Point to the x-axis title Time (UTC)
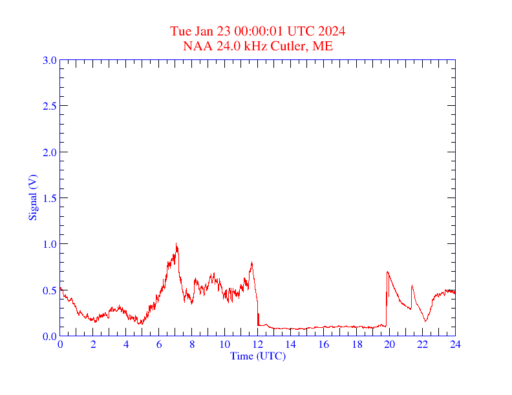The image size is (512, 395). click(257, 356)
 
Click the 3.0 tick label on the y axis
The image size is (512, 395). click(49, 60)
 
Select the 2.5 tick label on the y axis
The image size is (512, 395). click(49, 106)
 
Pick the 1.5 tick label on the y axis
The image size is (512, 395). click(49, 198)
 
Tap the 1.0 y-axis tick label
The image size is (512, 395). click(49, 244)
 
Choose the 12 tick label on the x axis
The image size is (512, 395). click(257, 345)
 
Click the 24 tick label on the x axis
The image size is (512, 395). click(455, 345)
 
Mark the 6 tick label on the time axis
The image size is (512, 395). click(159, 345)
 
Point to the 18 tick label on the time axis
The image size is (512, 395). click(356, 345)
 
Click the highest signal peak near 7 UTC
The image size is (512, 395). click(176, 243)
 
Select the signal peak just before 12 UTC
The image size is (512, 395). click(251, 262)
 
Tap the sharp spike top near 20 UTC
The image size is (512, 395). click(387, 272)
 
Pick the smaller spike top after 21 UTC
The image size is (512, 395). click(412, 285)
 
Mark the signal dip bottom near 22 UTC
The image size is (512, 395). click(425, 321)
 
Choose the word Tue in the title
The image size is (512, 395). click(180, 32)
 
